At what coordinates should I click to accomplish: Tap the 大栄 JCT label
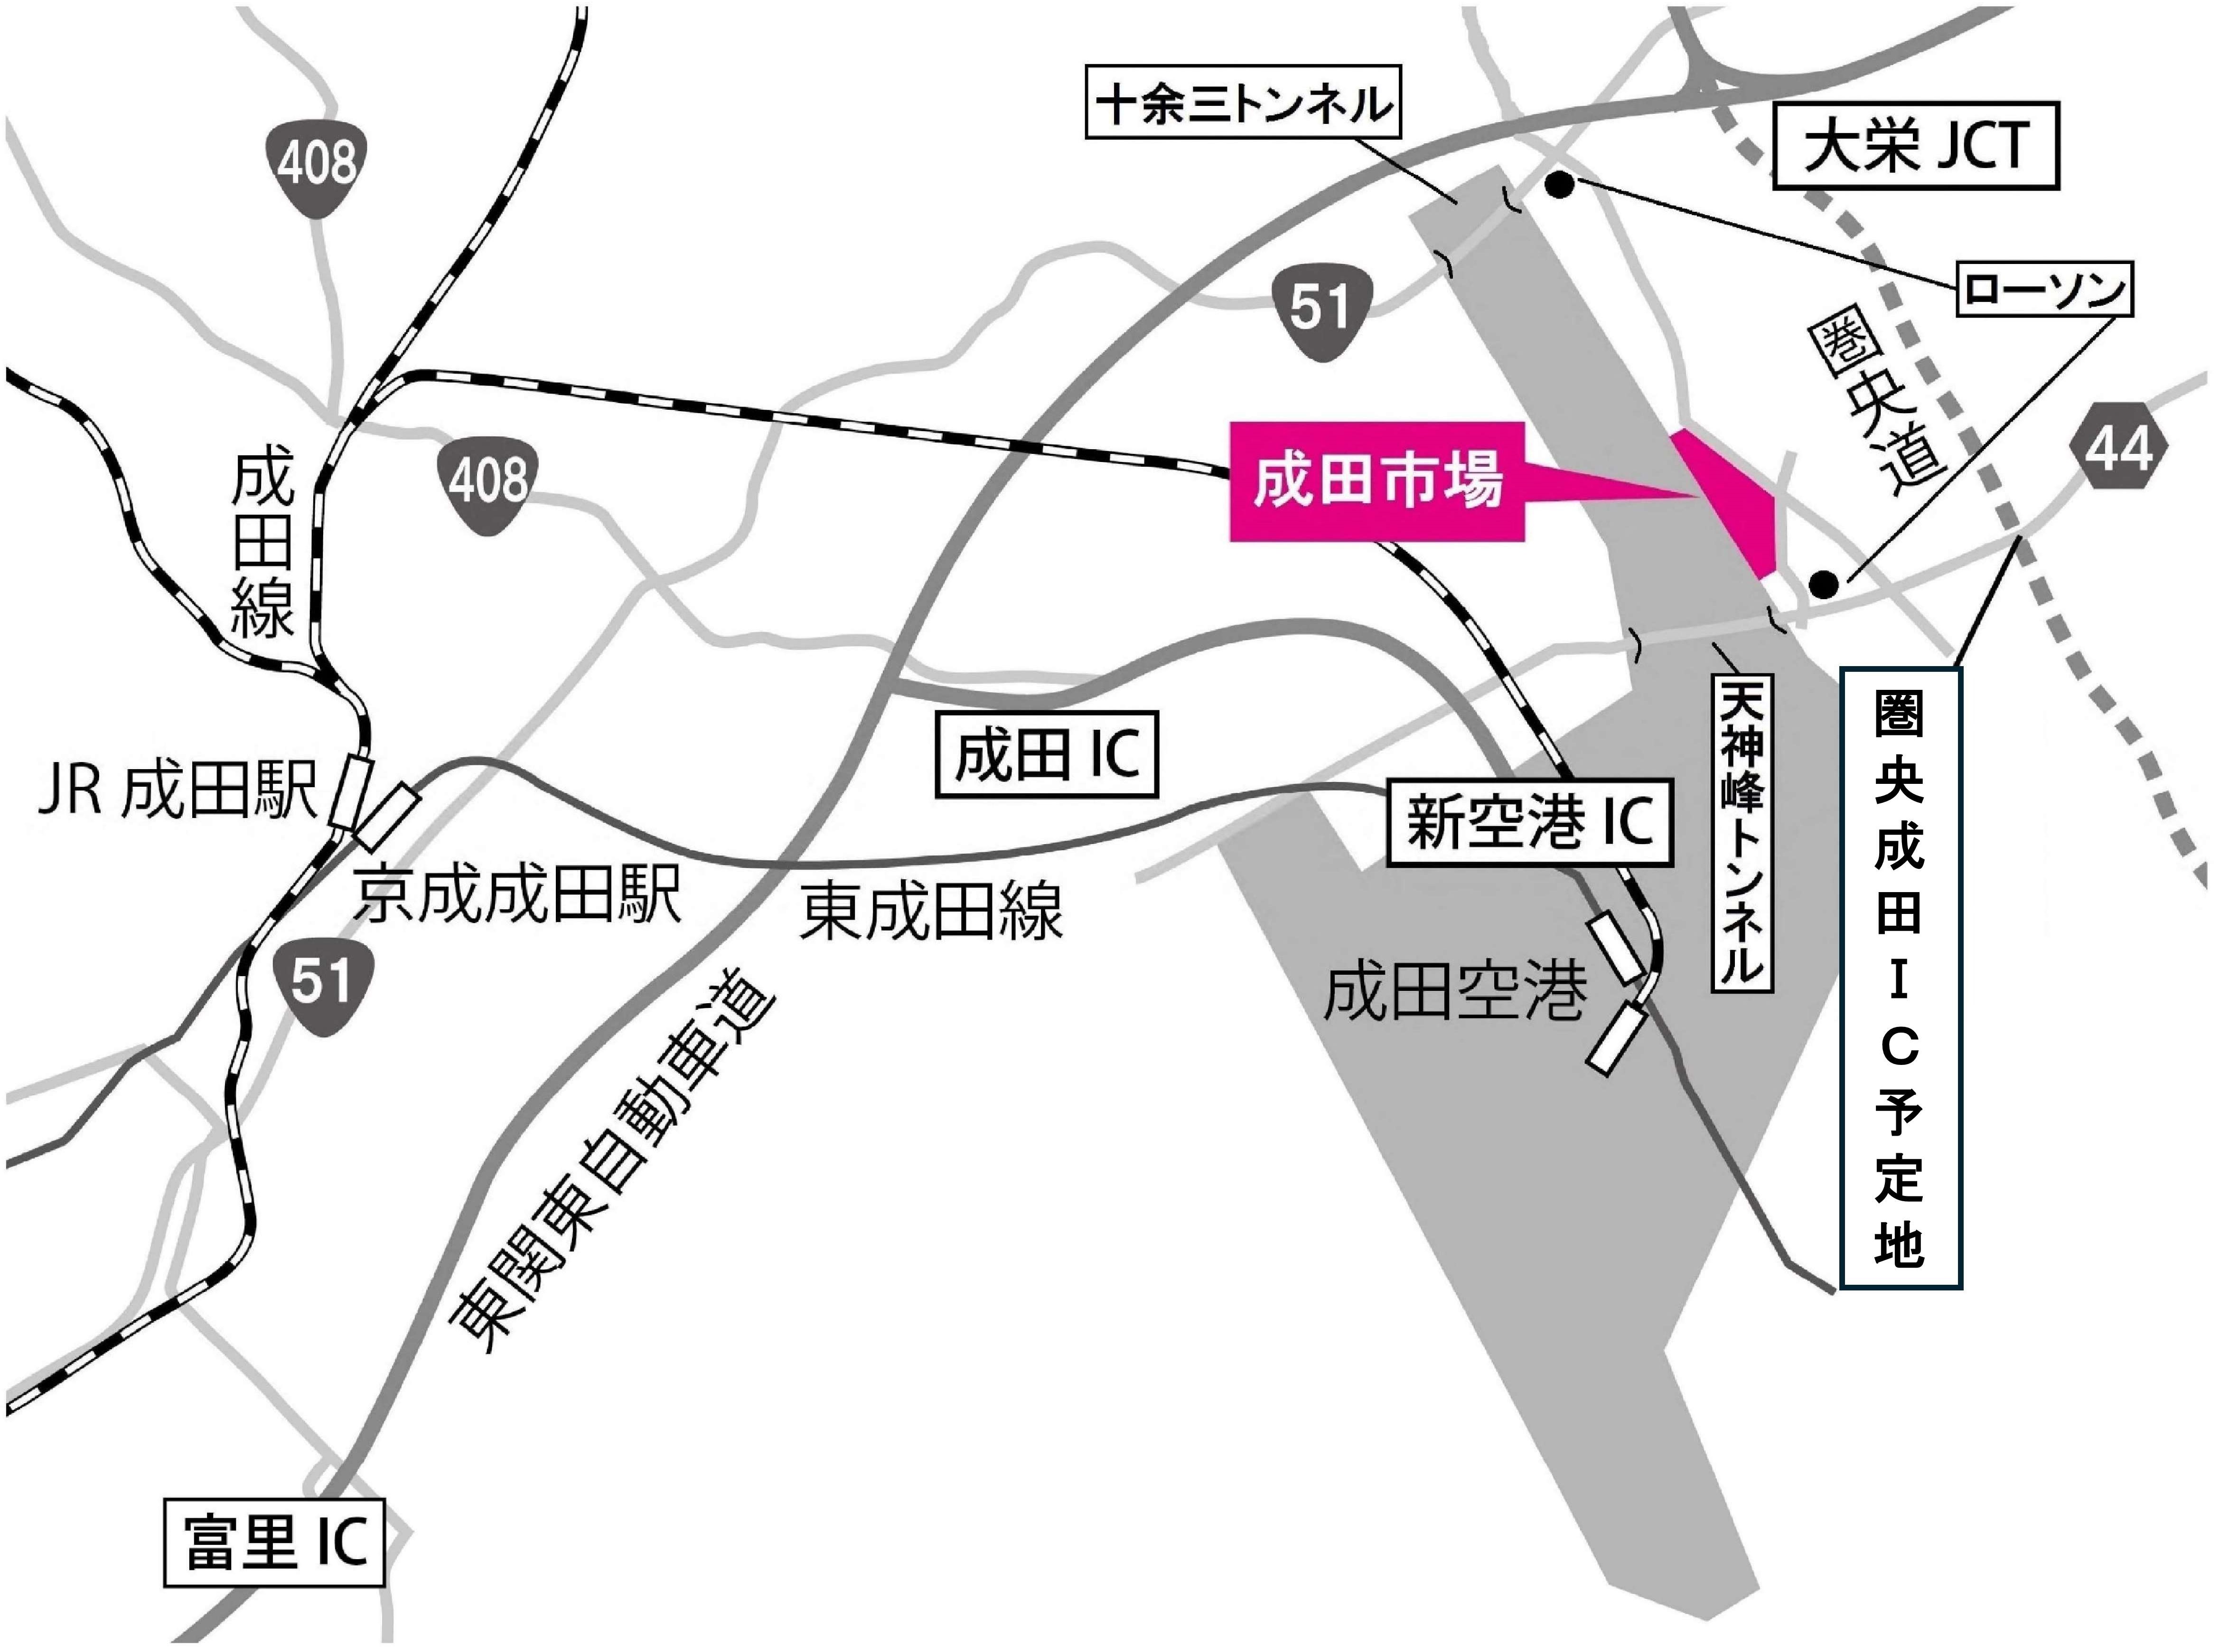[1916, 146]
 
